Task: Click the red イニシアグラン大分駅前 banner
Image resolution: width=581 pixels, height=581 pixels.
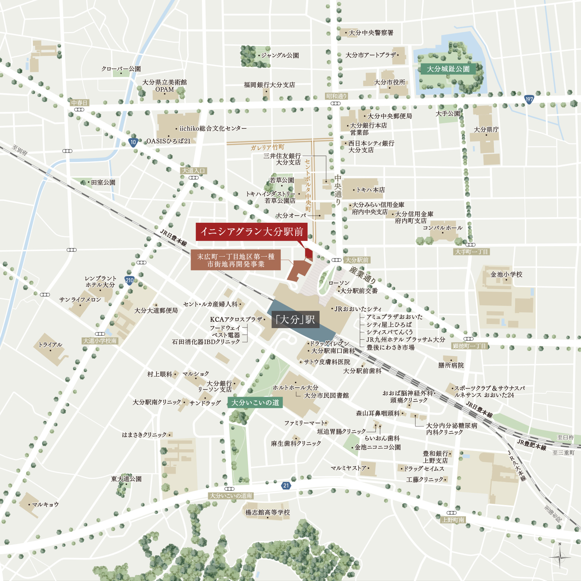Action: coord(252,232)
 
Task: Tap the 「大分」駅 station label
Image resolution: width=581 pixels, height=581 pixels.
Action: coord(295,320)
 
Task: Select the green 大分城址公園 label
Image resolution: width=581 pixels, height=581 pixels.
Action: coord(448,69)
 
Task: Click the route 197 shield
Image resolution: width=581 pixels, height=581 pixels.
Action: coord(529,99)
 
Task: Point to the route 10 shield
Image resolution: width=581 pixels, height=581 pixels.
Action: coord(133,142)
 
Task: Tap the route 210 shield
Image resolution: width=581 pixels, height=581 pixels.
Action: coord(129,280)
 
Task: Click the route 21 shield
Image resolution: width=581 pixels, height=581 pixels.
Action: coord(286,485)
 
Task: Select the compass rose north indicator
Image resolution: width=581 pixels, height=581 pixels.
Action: coord(560,557)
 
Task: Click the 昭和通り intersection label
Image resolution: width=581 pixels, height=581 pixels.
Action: coord(336,96)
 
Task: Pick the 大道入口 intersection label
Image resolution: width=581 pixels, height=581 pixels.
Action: coord(193,171)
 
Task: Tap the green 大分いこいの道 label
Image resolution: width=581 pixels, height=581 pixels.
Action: coord(255,403)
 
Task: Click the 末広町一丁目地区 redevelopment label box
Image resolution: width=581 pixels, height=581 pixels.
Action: coord(235,260)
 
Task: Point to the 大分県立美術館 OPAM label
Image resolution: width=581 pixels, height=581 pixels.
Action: coord(165,86)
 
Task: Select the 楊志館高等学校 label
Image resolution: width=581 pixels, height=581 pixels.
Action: coord(267,512)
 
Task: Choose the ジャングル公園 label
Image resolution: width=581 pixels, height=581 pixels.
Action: coord(280,55)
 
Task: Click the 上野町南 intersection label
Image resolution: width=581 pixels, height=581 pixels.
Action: coord(453,520)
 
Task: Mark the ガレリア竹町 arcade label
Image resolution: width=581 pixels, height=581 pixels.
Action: coord(267,147)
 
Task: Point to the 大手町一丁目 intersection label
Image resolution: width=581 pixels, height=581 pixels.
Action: coord(472,252)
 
